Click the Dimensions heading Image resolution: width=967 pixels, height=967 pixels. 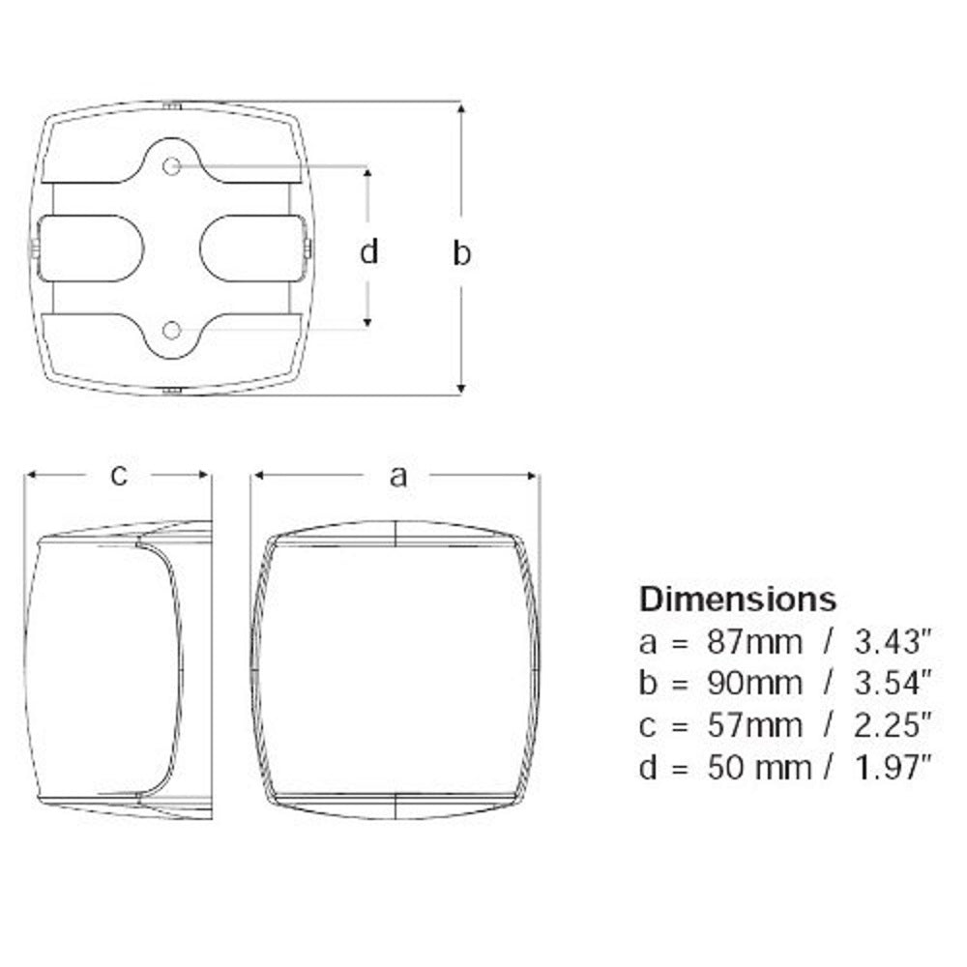[x=737, y=599]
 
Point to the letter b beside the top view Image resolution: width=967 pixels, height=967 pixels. [x=462, y=252]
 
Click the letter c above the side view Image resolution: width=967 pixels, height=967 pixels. [x=118, y=475]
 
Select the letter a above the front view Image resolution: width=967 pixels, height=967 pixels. [x=397, y=475]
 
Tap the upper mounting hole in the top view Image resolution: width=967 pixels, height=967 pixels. [x=172, y=167]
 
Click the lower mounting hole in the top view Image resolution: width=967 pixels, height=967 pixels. [x=172, y=331]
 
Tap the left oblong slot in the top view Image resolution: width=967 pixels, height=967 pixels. [x=92, y=249]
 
